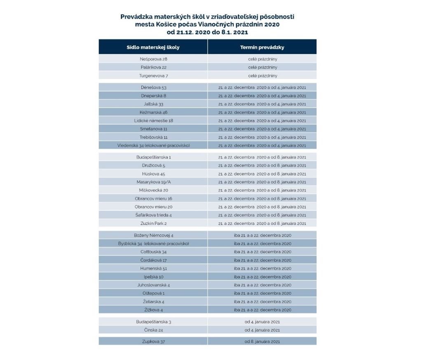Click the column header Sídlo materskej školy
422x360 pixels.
tap(153, 47)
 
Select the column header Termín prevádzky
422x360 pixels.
tap(262, 47)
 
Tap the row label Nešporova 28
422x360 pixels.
tap(153, 59)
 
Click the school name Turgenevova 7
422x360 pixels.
tap(153, 76)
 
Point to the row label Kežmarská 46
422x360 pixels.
tap(153, 112)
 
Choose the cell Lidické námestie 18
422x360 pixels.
tap(153, 120)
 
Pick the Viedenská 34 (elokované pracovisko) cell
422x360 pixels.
tap(153, 145)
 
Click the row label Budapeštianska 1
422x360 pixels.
tap(153, 157)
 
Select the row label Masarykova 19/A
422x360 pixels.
tap(153, 182)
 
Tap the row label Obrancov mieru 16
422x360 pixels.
tap(153, 199)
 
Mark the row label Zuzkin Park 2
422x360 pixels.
tap(153, 223)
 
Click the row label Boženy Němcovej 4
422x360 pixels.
tap(153, 235)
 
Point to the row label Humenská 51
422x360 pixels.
tap(153, 268)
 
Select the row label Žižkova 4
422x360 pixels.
tap(153, 310)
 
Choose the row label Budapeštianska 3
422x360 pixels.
tap(153, 321)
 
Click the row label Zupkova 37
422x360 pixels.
tap(153, 341)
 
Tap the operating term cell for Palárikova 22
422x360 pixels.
tap(262, 67)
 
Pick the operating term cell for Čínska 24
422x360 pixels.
tap(262, 330)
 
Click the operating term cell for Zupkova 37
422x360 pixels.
tap(262, 341)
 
